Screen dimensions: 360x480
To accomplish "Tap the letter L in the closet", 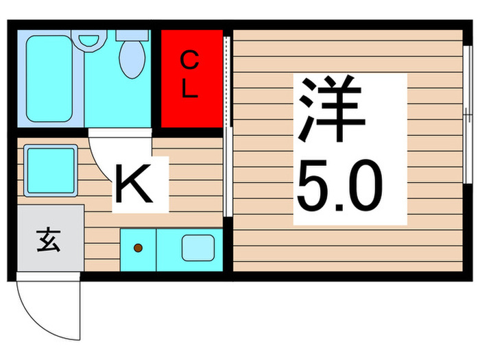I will (x=191, y=91).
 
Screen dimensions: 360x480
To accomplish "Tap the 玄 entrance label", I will (x=47, y=241).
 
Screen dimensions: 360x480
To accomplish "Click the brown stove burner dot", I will (x=138, y=248).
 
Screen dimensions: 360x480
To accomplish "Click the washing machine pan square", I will (x=50, y=169).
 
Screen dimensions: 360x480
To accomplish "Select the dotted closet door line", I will (x=226, y=79).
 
